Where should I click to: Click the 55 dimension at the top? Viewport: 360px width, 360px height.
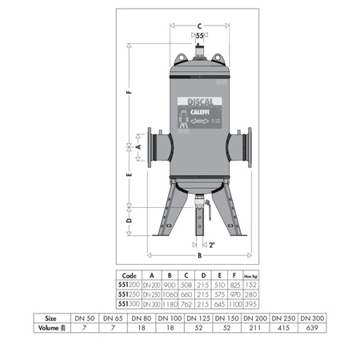200,36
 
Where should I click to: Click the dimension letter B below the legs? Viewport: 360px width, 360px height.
197,255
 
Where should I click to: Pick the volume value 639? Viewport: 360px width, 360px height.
317,327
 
